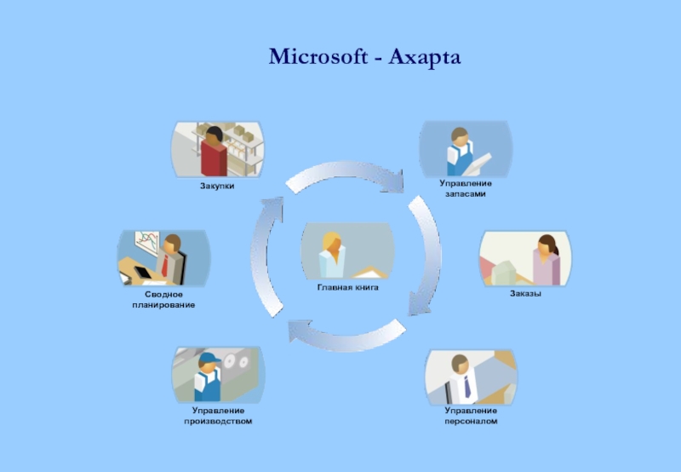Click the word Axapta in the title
point(425,58)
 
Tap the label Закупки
point(217,184)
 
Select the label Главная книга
point(347,288)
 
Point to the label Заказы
point(526,294)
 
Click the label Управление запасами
point(466,188)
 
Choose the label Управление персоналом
point(470,416)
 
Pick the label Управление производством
point(218,416)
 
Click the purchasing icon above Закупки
point(218,148)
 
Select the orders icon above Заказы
point(525,257)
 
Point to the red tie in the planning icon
point(164,265)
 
